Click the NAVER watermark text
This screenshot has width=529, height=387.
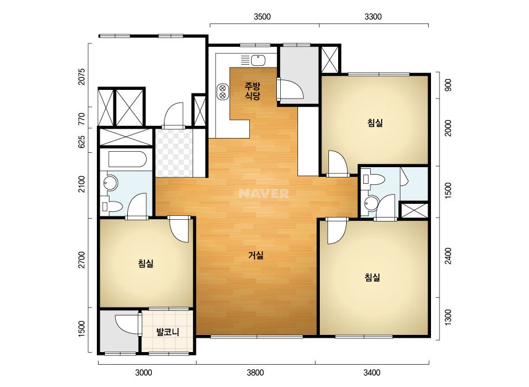[x=264, y=193]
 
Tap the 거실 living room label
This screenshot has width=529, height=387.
[x=256, y=255]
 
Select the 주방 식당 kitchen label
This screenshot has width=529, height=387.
[x=253, y=91]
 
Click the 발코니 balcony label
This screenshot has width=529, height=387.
[x=167, y=332]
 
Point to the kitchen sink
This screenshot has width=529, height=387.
[x=258, y=60]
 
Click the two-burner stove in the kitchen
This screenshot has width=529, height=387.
[x=222, y=92]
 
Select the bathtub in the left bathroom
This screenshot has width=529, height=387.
[x=127, y=159]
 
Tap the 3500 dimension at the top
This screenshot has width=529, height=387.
[x=262, y=17]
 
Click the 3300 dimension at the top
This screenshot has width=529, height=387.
[x=373, y=17]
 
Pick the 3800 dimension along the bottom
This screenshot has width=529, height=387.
[x=256, y=373]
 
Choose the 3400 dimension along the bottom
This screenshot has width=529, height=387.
[x=372, y=373]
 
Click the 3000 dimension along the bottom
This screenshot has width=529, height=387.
[x=144, y=373]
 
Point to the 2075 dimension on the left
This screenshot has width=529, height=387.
[x=81, y=77]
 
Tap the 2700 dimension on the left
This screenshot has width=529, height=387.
[x=81, y=260]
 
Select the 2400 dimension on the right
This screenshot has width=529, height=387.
[x=448, y=256]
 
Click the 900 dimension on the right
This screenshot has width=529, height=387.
[x=448, y=85]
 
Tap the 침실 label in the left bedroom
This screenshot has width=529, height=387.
[x=146, y=263]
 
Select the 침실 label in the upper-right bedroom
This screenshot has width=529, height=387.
[x=375, y=123]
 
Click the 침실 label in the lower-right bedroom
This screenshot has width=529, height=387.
[x=372, y=278]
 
